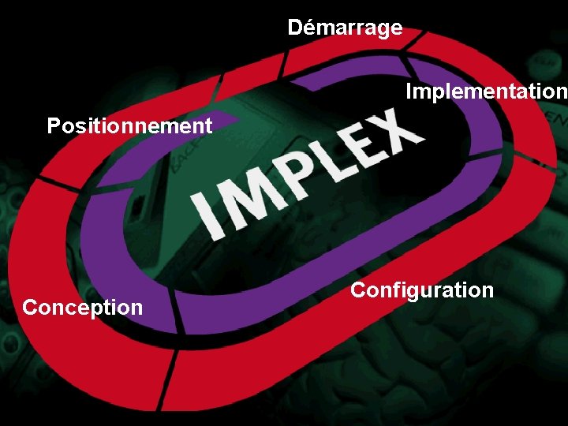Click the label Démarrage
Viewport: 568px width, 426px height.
[x=345, y=28]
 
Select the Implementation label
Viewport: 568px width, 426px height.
[x=486, y=92]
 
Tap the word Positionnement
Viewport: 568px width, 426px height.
[x=129, y=125]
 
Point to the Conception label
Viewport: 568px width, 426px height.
[x=83, y=307]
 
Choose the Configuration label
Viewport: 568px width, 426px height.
[x=422, y=290]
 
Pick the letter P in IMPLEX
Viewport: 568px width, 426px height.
[x=290, y=177]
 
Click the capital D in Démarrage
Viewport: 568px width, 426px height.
[x=295, y=28]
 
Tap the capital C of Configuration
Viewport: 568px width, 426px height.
[x=358, y=290]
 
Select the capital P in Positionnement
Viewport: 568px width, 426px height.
[x=54, y=125]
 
